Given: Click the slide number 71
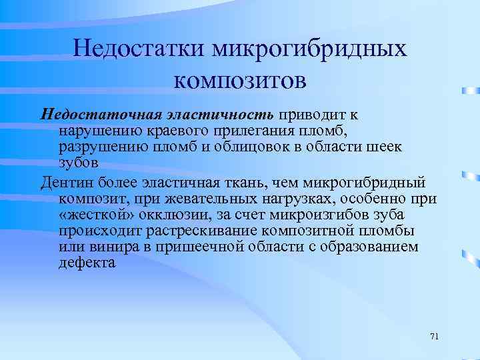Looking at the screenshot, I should coord(434,335).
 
